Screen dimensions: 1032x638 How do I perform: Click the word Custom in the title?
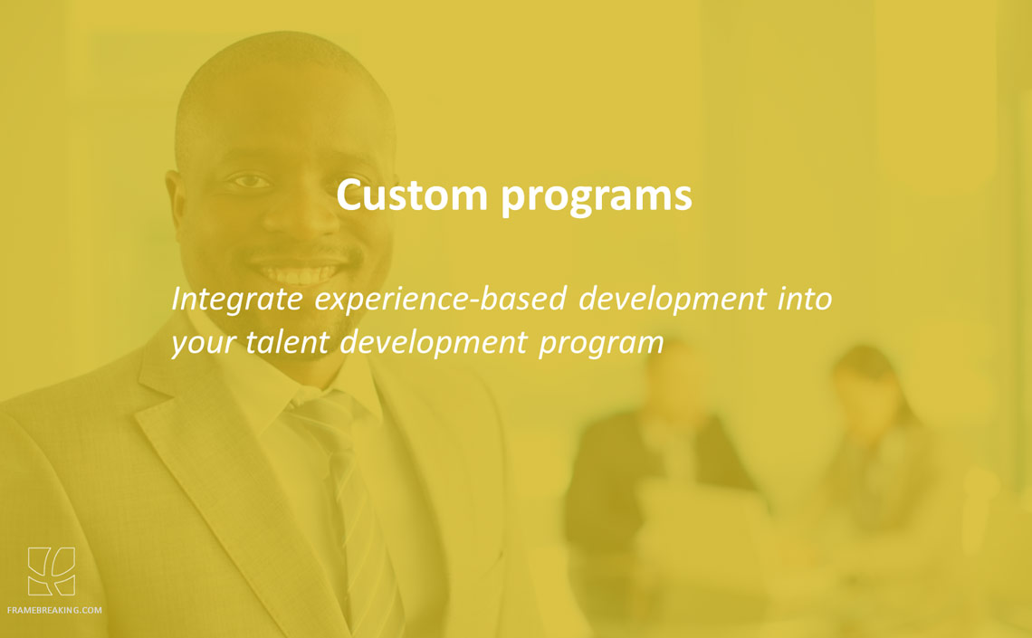(x=412, y=195)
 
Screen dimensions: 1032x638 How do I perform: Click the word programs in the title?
(x=597, y=197)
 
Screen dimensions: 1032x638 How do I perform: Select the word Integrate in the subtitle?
(x=237, y=300)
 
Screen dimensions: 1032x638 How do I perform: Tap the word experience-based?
(x=440, y=300)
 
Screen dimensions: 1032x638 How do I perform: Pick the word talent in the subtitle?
(x=288, y=341)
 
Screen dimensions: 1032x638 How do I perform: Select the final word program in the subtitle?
(x=601, y=344)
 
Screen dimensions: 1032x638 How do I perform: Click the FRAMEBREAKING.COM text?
(x=54, y=610)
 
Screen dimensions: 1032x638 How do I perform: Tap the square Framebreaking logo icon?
(x=52, y=571)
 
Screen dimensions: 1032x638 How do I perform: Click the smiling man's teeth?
(x=300, y=271)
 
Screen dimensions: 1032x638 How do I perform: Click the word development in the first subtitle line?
(x=672, y=300)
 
